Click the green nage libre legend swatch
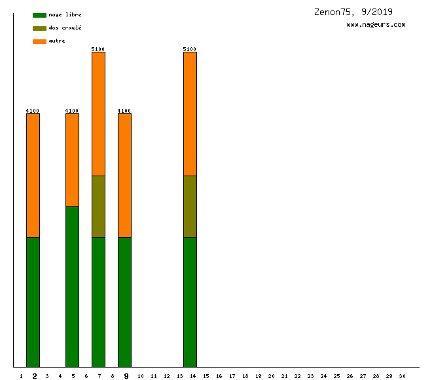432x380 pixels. click(x=39, y=15)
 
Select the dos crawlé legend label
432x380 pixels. click(x=65, y=28)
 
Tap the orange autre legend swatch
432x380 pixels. click(x=39, y=41)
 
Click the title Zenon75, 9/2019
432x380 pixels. click(x=353, y=12)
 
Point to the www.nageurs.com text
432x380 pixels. click(x=376, y=25)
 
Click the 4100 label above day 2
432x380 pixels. click(x=33, y=111)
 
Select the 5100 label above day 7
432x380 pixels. click(x=98, y=49)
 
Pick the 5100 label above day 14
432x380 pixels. click(x=190, y=49)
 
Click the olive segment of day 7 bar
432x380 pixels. click(x=98, y=206)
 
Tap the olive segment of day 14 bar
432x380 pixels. click(x=190, y=206)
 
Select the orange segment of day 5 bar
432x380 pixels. click(x=72, y=160)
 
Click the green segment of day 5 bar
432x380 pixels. click(x=72, y=286)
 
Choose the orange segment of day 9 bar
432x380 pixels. click(x=124, y=176)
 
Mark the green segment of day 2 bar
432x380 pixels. click(x=33, y=302)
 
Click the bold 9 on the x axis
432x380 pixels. click(x=126, y=376)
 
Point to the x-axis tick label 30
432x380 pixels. click(x=402, y=376)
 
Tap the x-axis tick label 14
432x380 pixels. click(x=192, y=376)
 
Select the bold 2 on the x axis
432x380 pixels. click(x=34, y=376)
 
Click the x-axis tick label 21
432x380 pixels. click(x=284, y=376)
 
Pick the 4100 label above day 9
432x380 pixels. click(x=124, y=111)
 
